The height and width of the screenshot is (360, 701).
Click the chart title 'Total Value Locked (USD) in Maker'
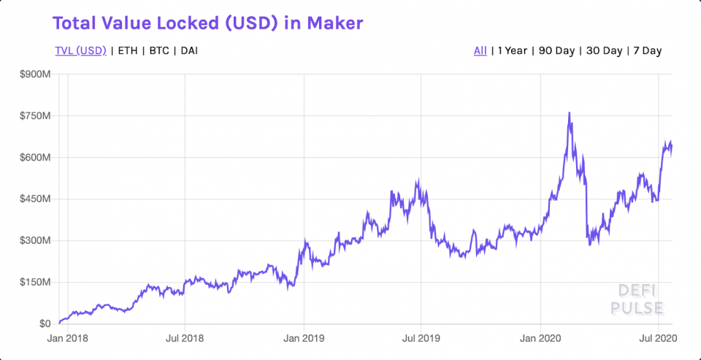click(208, 23)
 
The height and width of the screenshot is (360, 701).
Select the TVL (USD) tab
click(80, 50)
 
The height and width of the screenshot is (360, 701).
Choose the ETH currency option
click(127, 50)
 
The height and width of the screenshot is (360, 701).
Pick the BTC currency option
click(158, 50)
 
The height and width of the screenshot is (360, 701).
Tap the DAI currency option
click(188, 50)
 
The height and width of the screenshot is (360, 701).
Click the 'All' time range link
click(480, 50)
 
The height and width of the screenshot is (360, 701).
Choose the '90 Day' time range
click(556, 50)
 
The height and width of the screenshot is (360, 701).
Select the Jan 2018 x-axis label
click(67, 339)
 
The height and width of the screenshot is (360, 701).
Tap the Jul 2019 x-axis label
click(421, 339)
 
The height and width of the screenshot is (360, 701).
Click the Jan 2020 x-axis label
click(540, 339)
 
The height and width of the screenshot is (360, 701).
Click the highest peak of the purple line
click(569, 113)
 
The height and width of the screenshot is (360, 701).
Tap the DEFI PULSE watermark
click(636, 299)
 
